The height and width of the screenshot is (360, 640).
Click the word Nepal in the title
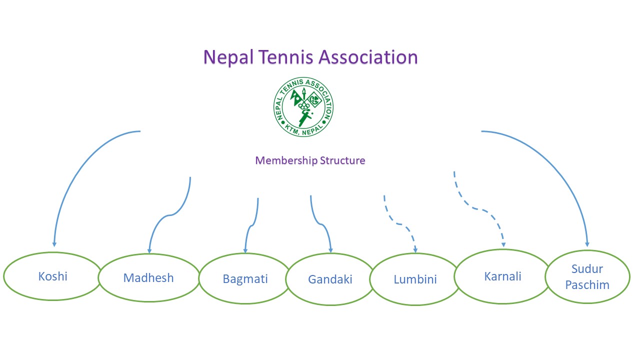tap(227, 57)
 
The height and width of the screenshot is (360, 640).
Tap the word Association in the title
tap(368, 57)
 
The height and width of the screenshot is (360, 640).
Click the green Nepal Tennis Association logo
tap(303, 107)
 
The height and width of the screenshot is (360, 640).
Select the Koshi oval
tap(52, 276)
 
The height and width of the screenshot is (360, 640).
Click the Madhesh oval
tap(148, 278)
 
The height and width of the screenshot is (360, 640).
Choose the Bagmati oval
tap(245, 278)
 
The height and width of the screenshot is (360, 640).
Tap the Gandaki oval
tap(330, 279)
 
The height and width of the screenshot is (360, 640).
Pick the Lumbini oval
tap(415, 279)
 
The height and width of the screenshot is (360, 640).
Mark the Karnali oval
tap(502, 276)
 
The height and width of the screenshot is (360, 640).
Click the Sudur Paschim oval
tap(587, 276)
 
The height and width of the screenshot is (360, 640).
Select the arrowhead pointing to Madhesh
tap(149, 250)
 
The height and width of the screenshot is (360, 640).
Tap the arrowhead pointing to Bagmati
tap(245, 250)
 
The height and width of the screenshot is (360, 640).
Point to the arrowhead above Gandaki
tap(330, 250)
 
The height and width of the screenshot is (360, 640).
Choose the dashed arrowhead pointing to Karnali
tap(503, 244)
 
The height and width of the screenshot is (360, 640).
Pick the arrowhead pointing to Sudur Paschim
tap(587, 244)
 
